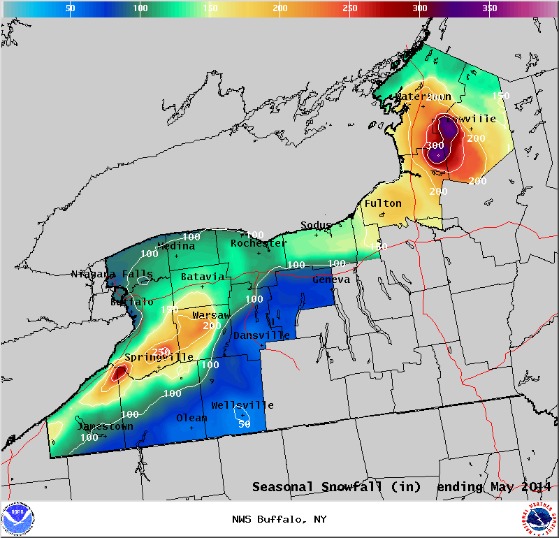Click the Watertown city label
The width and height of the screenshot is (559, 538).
424,96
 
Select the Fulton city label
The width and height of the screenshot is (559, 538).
383,203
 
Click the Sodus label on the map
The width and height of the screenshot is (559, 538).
316,225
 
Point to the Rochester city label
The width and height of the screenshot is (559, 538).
259,243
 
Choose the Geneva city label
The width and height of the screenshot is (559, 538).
331,279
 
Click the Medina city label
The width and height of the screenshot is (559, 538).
176,246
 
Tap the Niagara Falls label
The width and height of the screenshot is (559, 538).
112,274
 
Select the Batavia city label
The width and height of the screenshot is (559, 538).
203,277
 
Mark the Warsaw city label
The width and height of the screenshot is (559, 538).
212,316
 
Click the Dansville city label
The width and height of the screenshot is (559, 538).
261,335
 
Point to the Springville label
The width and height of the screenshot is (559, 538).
159,357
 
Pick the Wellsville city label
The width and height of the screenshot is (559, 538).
242,405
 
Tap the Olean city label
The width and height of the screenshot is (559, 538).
191,418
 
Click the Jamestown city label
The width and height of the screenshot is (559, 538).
105,426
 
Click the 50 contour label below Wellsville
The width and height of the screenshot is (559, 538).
244,423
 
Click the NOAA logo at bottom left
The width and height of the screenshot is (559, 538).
18,519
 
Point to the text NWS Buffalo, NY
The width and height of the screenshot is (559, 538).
279,519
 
